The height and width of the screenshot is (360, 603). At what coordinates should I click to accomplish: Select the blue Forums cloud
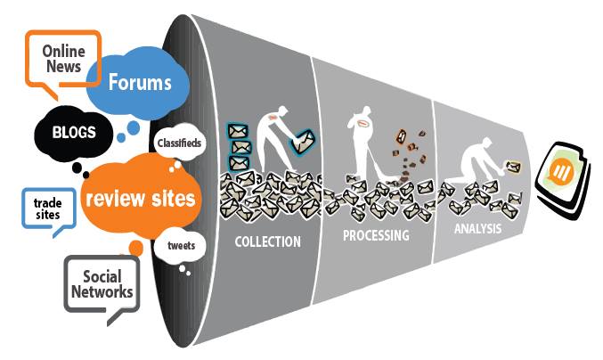(x=139, y=83)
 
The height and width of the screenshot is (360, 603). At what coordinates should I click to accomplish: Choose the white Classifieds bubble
(x=178, y=143)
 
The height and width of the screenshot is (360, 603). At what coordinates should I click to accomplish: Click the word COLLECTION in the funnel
(x=267, y=241)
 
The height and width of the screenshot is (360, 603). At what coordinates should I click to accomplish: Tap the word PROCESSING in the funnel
(x=376, y=236)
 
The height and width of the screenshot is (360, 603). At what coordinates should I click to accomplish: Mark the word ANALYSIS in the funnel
(x=476, y=228)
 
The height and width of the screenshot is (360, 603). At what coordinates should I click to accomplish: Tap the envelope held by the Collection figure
(x=304, y=140)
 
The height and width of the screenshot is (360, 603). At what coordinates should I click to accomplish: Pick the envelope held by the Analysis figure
(x=514, y=166)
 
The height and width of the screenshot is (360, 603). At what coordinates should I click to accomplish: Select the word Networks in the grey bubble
(x=102, y=291)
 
